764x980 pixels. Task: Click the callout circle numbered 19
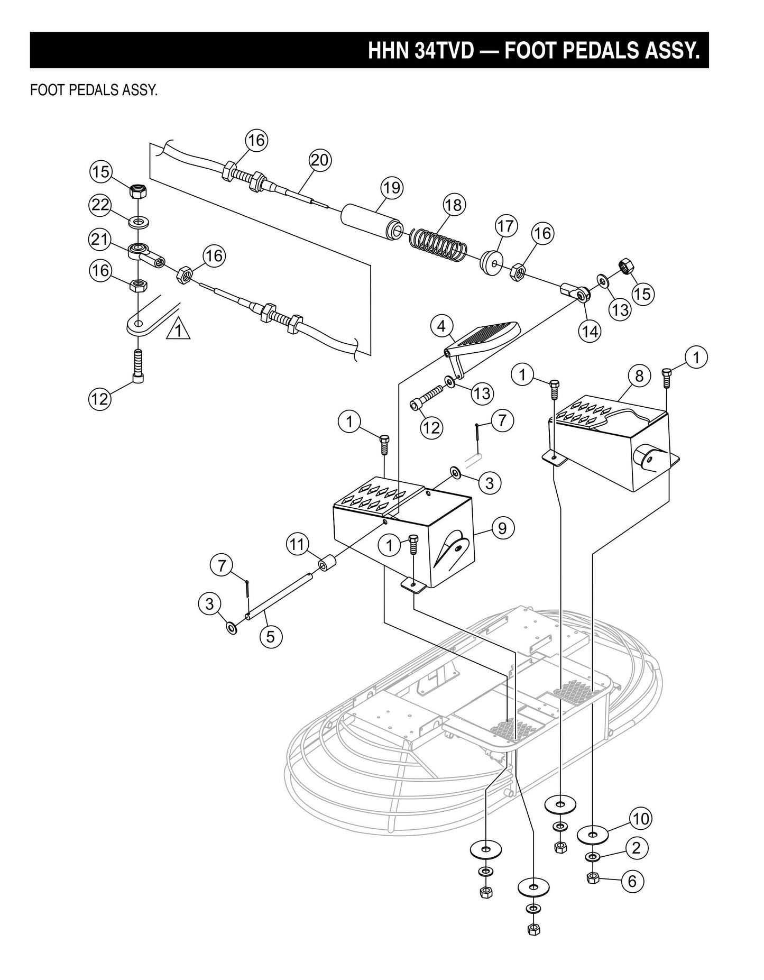coord(392,188)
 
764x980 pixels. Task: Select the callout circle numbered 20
coord(320,160)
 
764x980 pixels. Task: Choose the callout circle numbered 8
coord(639,376)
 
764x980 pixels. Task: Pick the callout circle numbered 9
coord(502,527)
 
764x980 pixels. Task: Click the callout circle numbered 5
coord(271,636)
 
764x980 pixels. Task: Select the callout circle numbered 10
coord(640,819)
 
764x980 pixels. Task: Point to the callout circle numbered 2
coord(636,848)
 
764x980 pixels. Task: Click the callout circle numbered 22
coord(100,205)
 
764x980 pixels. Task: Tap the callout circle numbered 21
coord(99,239)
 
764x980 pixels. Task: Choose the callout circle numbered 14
coord(590,331)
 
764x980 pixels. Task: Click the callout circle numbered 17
coord(505,226)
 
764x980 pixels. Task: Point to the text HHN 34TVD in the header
coord(421,51)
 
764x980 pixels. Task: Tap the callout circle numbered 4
coord(441,326)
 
